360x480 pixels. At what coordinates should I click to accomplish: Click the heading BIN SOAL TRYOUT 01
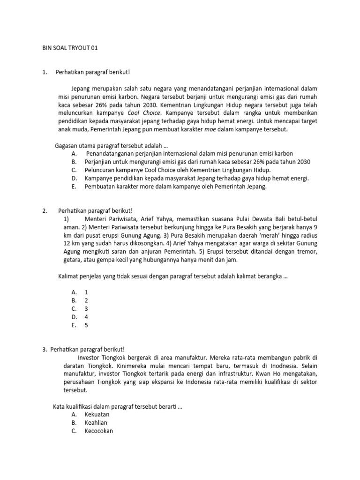70,48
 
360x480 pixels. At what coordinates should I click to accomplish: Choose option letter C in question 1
74,170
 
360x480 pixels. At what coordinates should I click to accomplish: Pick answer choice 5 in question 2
86,325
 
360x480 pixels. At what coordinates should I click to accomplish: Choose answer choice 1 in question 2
86,292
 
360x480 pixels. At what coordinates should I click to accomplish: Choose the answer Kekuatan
97,414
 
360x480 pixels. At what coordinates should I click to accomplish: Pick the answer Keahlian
96,423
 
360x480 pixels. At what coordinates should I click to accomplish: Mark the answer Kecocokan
99,431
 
